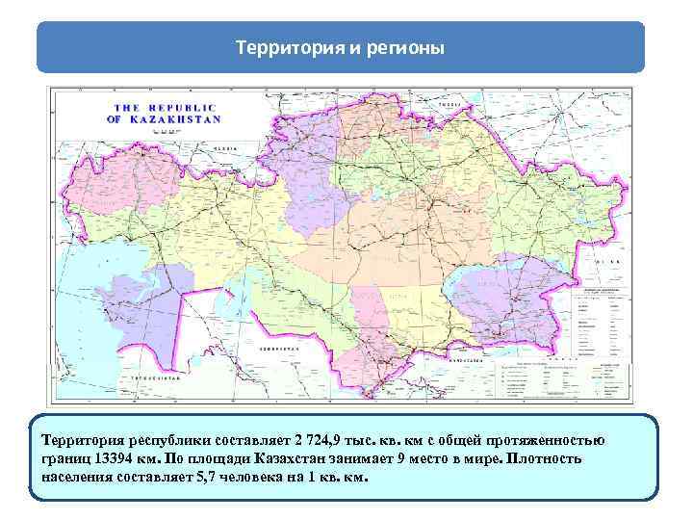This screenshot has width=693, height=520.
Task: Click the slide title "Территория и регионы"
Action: [x=340, y=47]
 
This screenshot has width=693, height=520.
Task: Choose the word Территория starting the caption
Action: [x=82, y=440]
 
